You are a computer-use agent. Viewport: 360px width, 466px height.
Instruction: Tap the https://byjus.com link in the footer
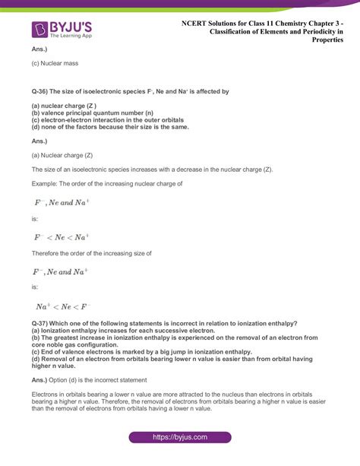click(179, 438)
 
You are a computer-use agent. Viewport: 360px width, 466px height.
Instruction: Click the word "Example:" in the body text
click(46, 183)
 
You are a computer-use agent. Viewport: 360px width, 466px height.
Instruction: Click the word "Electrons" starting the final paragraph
click(48, 396)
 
